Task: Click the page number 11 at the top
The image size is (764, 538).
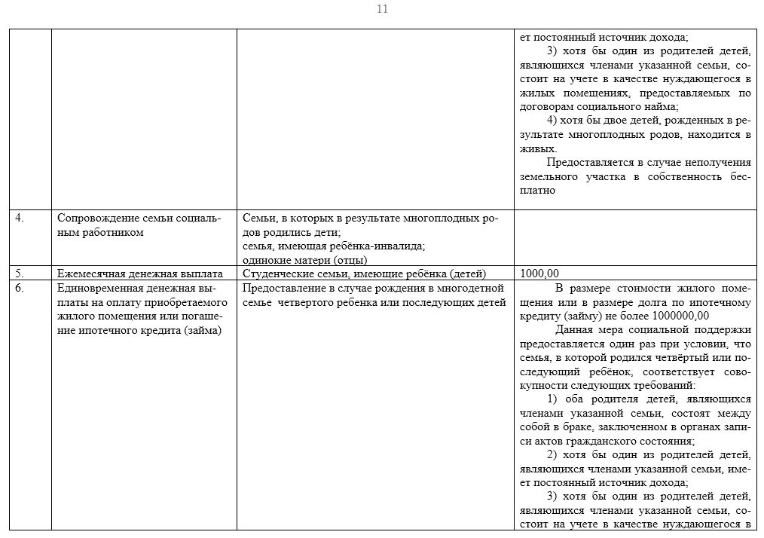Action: click(x=382, y=9)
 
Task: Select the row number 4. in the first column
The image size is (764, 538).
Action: click(x=20, y=219)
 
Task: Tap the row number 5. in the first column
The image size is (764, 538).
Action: click(x=20, y=273)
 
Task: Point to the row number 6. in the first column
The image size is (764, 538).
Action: click(x=20, y=287)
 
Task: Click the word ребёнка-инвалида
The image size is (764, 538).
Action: click(x=382, y=246)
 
